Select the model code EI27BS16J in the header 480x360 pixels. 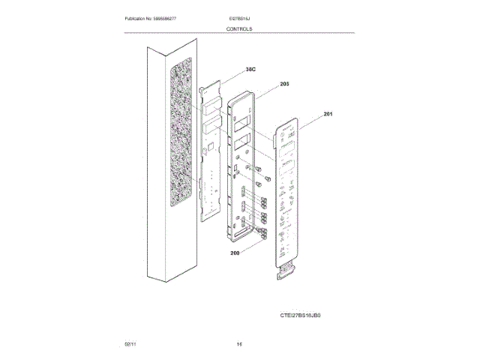240,17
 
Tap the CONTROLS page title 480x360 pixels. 239,28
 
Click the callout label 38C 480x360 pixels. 250,69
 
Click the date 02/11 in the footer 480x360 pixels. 130,344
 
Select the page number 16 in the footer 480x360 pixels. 239,344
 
